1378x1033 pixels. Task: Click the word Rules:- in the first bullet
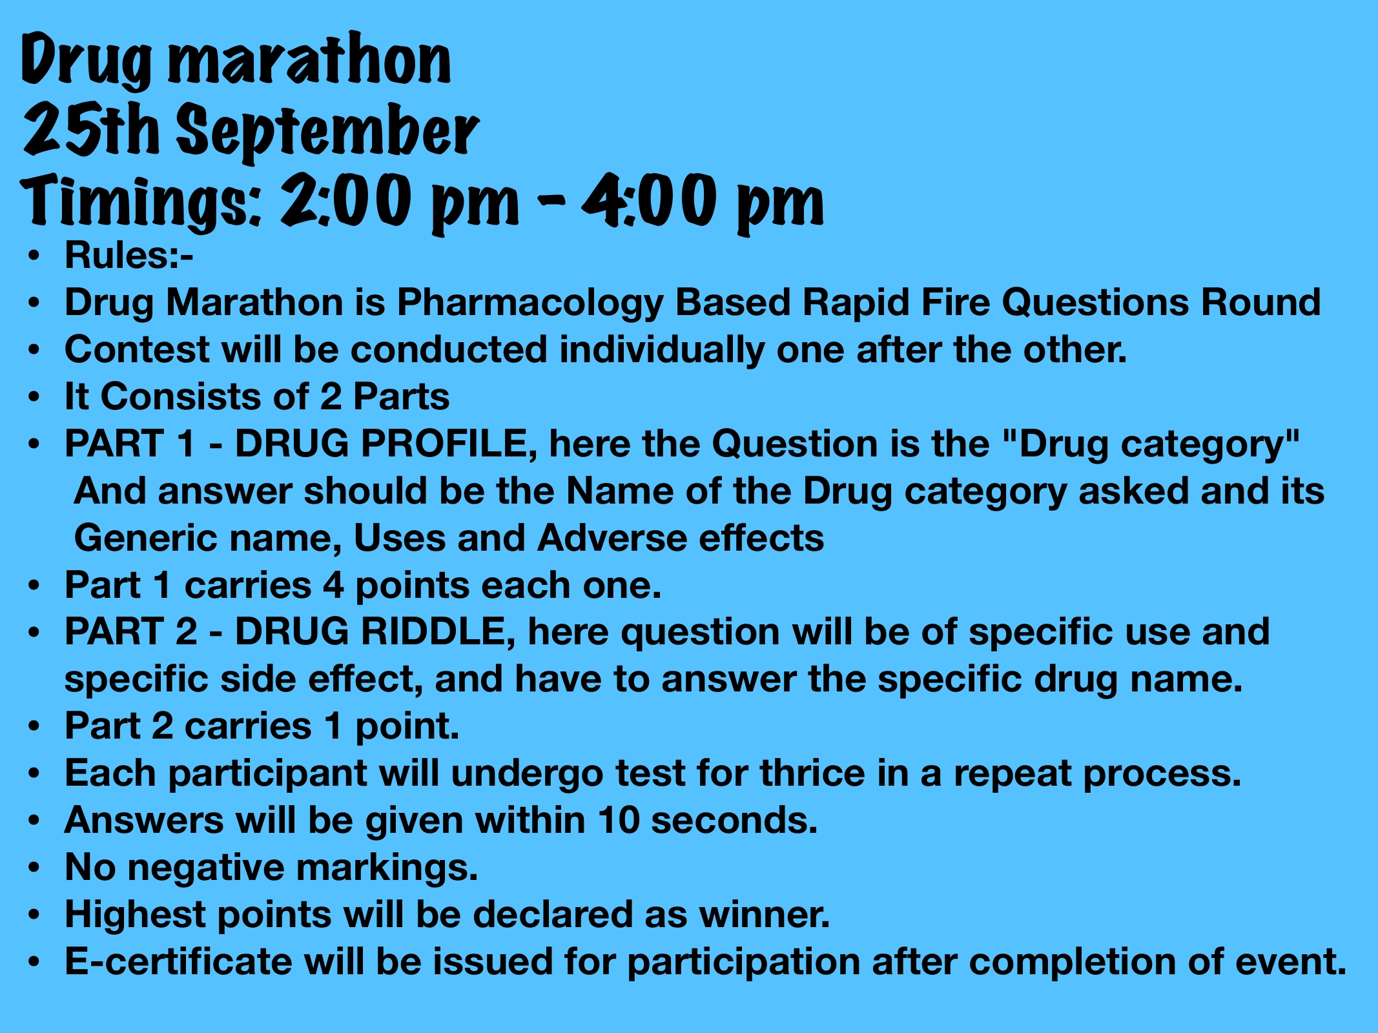(x=129, y=255)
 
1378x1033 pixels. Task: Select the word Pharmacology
(x=530, y=303)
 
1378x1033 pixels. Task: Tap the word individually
(x=662, y=351)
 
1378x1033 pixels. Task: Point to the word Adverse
(x=612, y=538)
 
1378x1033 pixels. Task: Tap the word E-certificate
(x=178, y=961)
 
